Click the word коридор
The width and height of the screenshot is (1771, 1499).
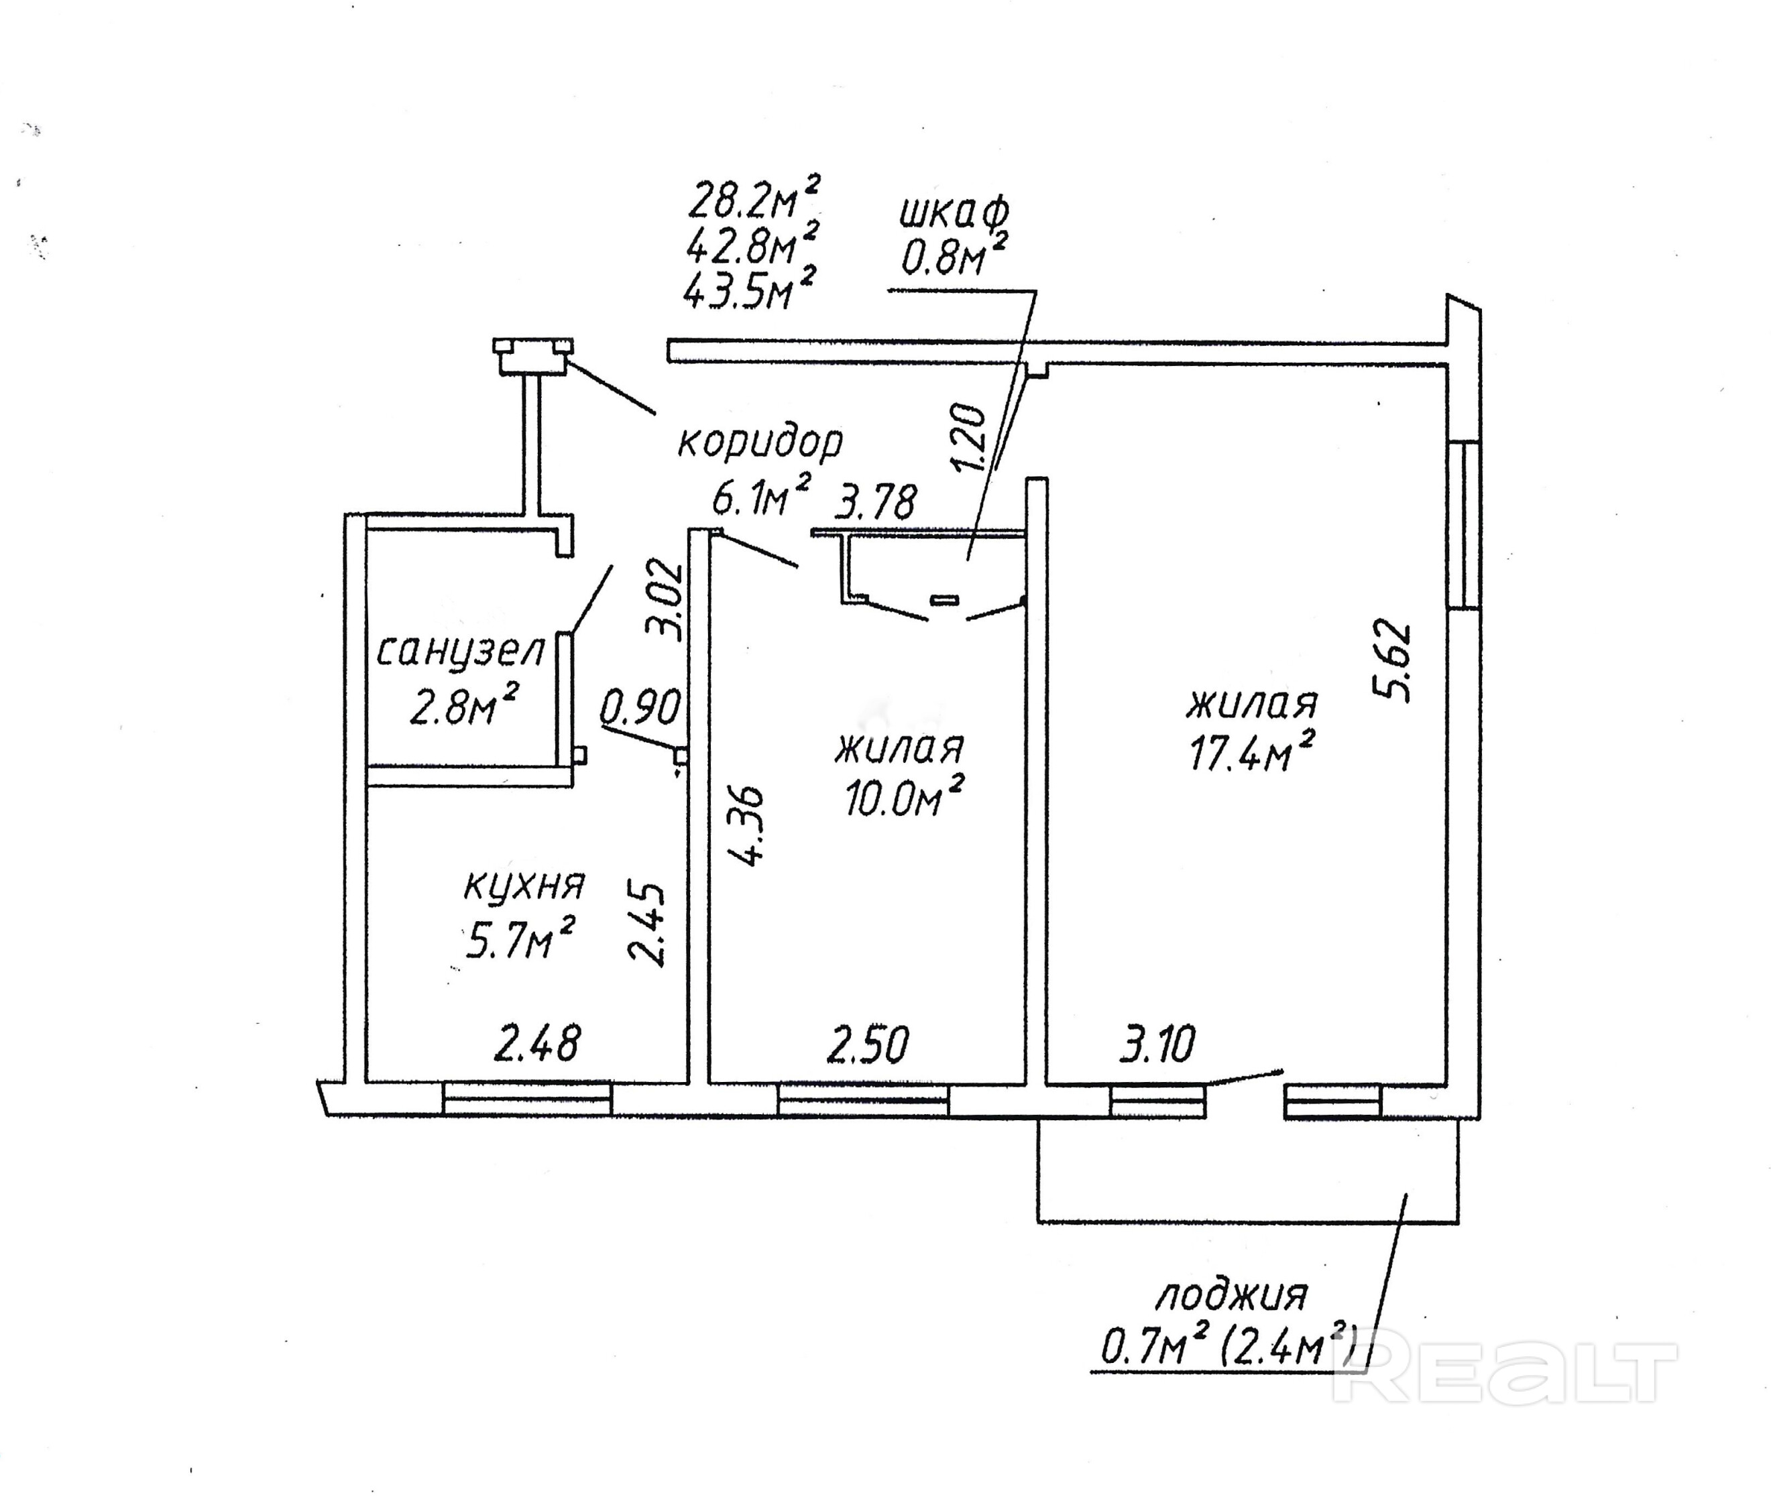click(760, 442)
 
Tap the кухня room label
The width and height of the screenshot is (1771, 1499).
click(524, 886)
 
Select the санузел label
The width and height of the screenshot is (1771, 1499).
click(460, 652)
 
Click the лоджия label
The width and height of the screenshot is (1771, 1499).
click(1231, 1296)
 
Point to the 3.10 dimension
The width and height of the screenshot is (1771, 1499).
click(1157, 1044)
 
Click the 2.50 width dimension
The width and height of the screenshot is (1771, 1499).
click(868, 1044)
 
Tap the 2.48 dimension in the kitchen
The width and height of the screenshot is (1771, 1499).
click(537, 1044)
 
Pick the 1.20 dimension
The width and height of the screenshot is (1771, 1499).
click(970, 438)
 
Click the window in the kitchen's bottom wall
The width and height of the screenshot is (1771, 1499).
click(527, 1098)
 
